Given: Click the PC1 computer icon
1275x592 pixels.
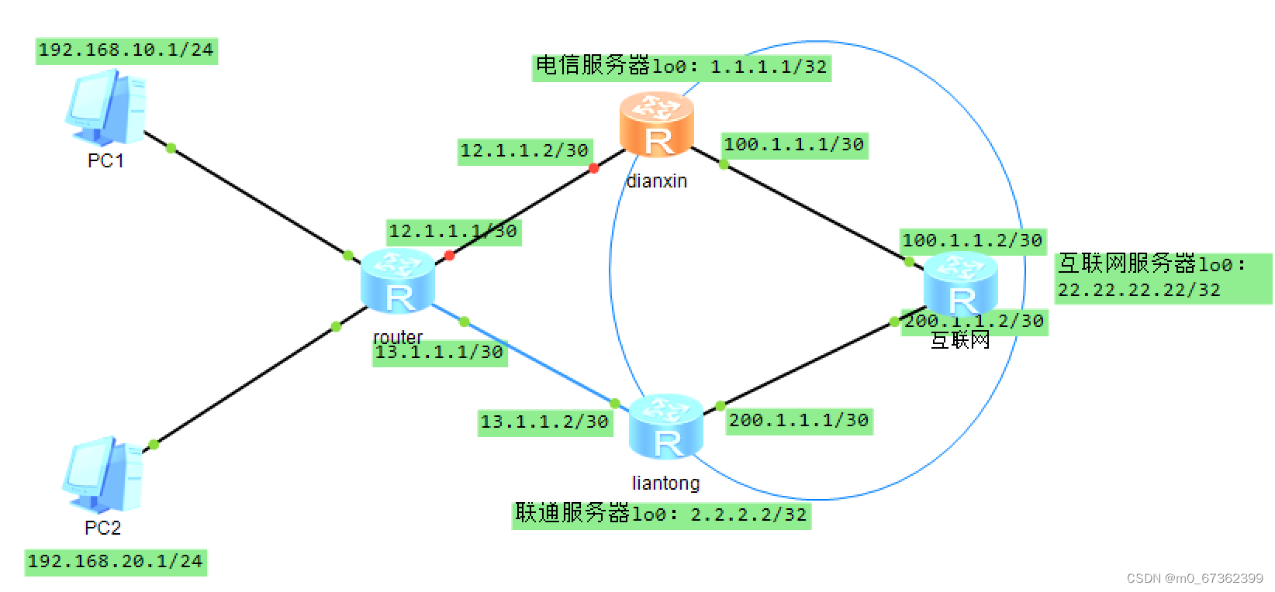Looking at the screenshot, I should click(105, 108).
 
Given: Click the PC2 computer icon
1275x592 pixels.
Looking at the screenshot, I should click(102, 474).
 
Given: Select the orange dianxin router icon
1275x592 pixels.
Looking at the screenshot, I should click(657, 125).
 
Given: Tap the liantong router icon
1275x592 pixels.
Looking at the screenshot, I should click(666, 427).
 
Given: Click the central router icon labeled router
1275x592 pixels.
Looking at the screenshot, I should click(398, 281).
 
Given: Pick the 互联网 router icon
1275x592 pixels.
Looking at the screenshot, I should click(961, 284).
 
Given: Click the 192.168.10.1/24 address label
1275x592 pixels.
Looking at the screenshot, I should click(126, 50).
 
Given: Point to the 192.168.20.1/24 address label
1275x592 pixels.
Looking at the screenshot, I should click(116, 562).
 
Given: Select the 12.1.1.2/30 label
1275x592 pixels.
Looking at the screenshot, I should click(524, 151).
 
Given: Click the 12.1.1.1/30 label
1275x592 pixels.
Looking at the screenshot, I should click(454, 232).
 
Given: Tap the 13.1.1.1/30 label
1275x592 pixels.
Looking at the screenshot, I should click(440, 353).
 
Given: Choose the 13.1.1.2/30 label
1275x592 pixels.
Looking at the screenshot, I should click(544, 422).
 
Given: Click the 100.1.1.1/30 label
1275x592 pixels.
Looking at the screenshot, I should click(794, 145).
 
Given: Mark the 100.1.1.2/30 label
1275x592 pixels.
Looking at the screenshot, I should click(973, 241).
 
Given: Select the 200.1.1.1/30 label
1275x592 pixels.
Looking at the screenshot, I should click(799, 421).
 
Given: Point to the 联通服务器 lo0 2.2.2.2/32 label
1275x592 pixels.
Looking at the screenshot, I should click(661, 515).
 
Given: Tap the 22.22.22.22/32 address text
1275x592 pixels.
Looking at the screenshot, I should click(1139, 291).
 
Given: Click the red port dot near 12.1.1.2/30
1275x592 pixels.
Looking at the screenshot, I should click(594, 168).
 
